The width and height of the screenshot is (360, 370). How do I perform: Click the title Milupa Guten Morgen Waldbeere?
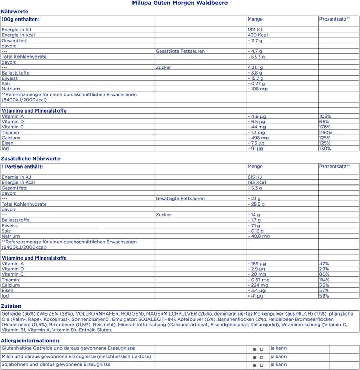point(180,3)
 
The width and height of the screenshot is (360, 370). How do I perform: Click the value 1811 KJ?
point(255,30)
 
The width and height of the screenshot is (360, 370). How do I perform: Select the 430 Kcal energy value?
point(257,35)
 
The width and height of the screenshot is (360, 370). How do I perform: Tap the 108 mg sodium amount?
point(259,89)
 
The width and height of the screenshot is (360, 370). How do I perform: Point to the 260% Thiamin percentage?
point(326,132)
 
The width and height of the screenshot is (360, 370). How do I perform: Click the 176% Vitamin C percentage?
point(325,127)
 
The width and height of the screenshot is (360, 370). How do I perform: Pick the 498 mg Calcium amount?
point(259,138)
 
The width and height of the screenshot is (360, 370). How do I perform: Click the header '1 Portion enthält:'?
point(22,166)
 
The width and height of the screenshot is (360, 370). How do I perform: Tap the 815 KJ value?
point(255,177)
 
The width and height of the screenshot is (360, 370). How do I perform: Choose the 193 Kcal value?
point(257,182)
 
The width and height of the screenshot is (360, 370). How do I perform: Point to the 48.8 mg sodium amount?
point(260,236)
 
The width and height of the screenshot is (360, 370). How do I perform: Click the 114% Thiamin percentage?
point(324,280)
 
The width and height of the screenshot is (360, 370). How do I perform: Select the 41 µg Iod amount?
point(256,296)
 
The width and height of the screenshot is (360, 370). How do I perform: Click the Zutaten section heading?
point(11,306)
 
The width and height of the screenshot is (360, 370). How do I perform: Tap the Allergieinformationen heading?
point(30,341)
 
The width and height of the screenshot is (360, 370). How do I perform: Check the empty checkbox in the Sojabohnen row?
point(262,365)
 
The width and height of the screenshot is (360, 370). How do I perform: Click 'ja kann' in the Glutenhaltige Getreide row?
point(278,348)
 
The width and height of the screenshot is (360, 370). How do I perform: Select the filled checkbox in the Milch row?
point(255,357)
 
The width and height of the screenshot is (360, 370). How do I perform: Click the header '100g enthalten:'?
point(21,19)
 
